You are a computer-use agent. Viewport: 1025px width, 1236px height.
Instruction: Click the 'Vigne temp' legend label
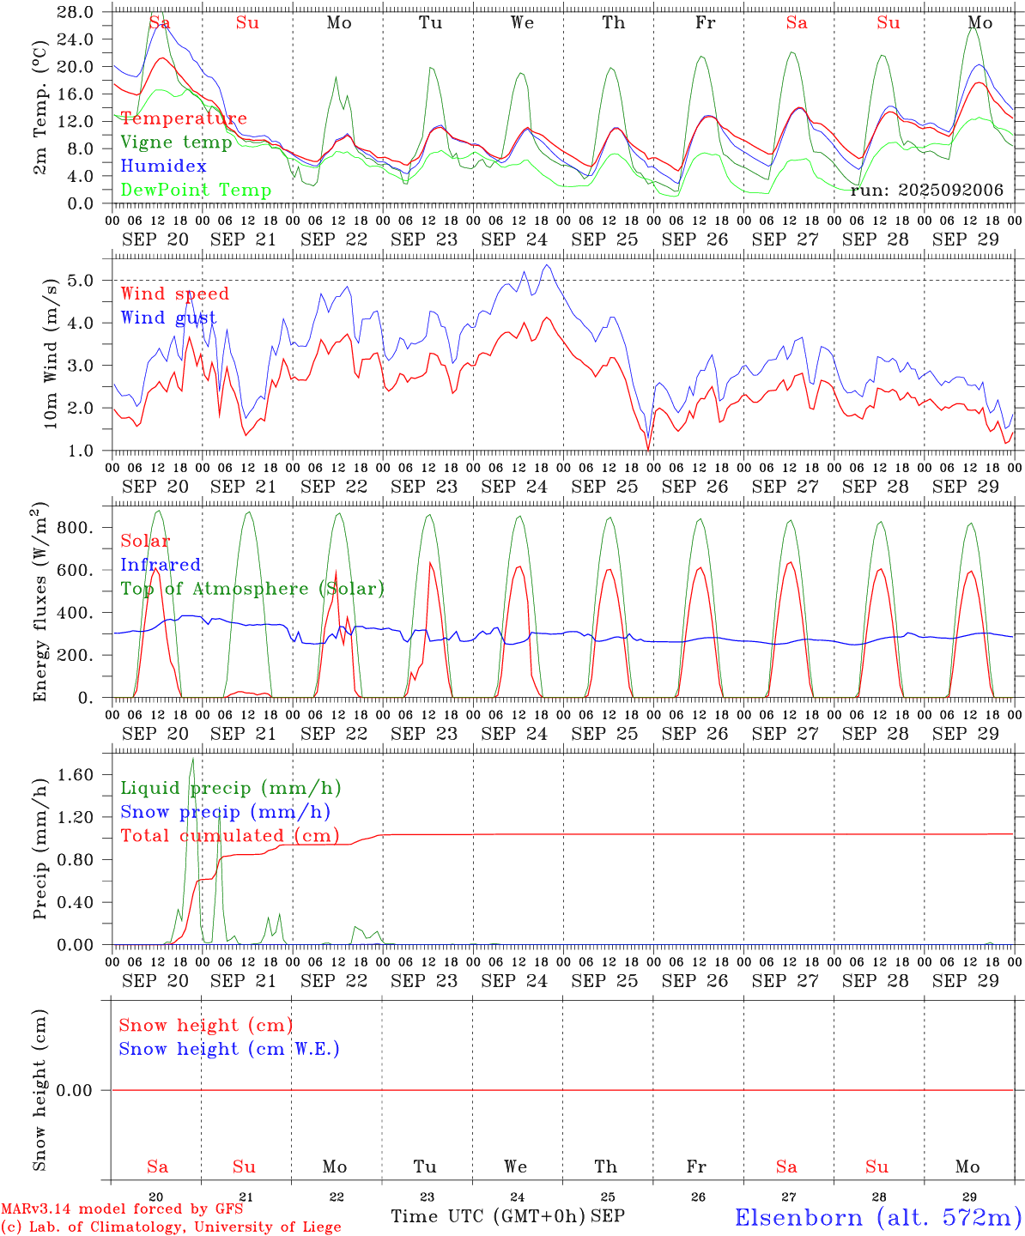tap(176, 142)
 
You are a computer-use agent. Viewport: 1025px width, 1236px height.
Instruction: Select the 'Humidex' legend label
tap(163, 167)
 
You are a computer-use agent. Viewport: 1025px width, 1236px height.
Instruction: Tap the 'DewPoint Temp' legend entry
tap(196, 191)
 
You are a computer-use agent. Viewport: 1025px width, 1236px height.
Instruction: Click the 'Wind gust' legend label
tap(168, 318)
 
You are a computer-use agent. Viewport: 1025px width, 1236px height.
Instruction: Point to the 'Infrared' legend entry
tap(161, 565)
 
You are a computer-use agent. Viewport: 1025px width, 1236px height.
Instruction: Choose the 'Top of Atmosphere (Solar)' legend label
tap(252, 589)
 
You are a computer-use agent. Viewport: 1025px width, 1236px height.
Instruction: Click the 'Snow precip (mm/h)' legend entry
tap(225, 812)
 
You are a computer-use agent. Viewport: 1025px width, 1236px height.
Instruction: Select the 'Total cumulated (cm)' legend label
tap(229, 836)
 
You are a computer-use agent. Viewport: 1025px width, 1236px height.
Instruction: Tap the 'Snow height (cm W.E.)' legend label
tap(229, 1049)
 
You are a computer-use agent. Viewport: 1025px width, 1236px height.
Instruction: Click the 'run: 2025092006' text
tap(926, 191)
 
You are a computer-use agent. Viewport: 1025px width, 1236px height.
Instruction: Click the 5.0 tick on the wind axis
tap(81, 281)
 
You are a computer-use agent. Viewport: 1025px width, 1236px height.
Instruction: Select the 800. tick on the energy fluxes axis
tap(74, 527)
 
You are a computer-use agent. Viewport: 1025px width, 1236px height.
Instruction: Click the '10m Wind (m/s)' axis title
tap(50, 352)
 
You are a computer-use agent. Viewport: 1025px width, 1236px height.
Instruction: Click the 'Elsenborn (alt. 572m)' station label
tap(877, 1217)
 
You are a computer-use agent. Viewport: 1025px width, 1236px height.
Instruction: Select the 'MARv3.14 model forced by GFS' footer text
tap(122, 1209)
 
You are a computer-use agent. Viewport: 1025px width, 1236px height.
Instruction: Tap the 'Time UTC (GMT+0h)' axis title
tap(488, 1216)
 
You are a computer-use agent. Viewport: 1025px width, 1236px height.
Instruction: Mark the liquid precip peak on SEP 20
tap(192, 759)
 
